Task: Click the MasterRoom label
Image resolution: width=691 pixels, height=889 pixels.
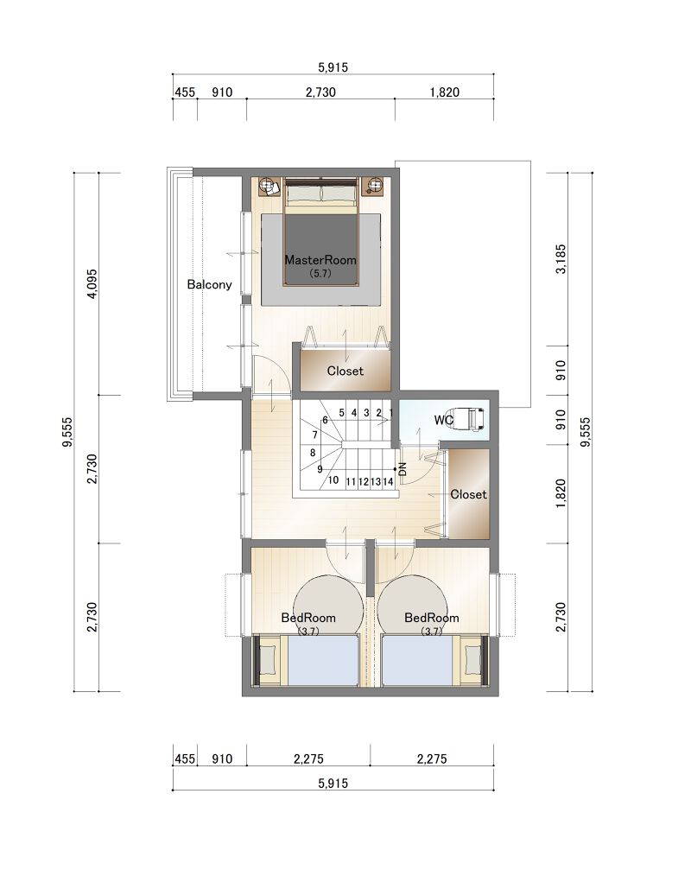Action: pyautogui.click(x=320, y=260)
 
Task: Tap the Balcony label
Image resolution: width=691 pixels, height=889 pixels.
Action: pyautogui.click(x=209, y=284)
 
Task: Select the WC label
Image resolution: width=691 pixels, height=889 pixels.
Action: pyautogui.click(x=443, y=420)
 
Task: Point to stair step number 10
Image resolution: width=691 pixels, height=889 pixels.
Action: pyautogui.click(x=333, y=480)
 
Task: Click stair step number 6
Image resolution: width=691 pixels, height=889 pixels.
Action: pyautogui.click(x=326, y=421)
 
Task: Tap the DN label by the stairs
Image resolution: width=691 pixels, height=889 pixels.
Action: pyautogui.click(x=403, y=469)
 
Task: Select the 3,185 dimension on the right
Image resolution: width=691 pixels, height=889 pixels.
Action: pyautogui.click(x=561, y=259)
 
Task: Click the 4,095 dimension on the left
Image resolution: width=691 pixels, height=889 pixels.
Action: pyautogui.click(x=92, y=283)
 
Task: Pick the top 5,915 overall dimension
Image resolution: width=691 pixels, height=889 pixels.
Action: pyautogui.click(x=333, y=67)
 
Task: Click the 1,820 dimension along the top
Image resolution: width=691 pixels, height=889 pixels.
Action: pyautogui.click(x=445, y=92)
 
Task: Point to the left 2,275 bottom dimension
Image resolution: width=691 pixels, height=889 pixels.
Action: pyautogui.click(x=308, y=759)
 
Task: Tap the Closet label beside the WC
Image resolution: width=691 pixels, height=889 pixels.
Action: pyautogui.click(x=468, y=494)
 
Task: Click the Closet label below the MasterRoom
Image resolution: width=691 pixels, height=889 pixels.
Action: pyautogui.click(x=345, y=371)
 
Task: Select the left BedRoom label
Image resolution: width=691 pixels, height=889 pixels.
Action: pyautogui.click(x=308, y=618)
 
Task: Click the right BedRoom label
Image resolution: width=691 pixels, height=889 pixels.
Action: pyautogui.click(x=431, y=618)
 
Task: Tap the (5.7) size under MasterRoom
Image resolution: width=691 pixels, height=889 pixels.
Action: pyautogui.click(x=320, y=273)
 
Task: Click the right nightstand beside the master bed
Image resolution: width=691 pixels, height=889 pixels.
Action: pyautogui.click(x=374, y=186)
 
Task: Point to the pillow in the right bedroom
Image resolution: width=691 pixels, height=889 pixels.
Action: pyautogui.click(x=472, y=661)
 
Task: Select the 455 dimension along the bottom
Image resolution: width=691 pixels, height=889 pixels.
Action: pyautogui.click(x=185, y=759)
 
